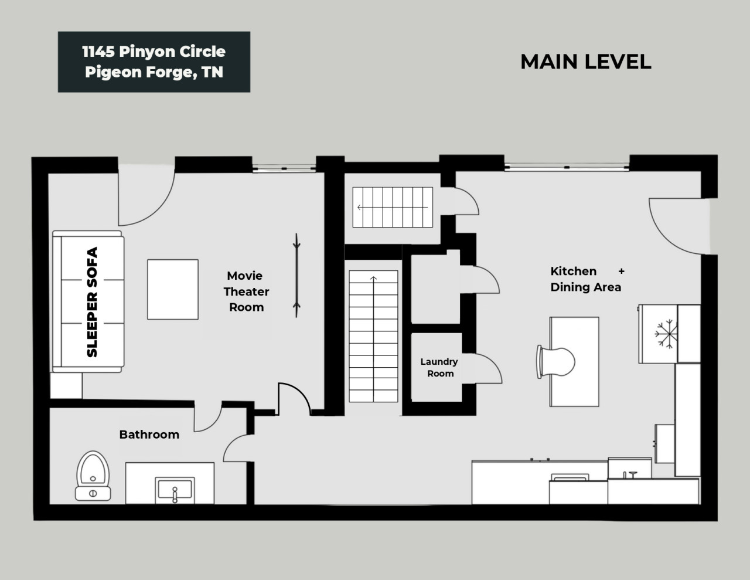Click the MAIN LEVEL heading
click(x=585, y=62)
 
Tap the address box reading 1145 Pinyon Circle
click(x=154, y=62)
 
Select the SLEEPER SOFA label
click(x=92, y=302)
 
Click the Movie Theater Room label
click(x=246, y=291)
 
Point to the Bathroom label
click(x=149, y=435)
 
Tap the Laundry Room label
click(x=439, y=368)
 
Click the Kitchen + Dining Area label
click(x=585, y=279)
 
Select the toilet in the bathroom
click(x=93, y=475)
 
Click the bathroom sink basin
click(x=175, y=490)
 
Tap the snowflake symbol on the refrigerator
click(x=666, y=334)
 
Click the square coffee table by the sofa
click(x=172, y=290)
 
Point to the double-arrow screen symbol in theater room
click(x=298, y=275)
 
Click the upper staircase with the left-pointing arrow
click(x=392, y=207)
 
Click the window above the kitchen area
click(x=567, y=167)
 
